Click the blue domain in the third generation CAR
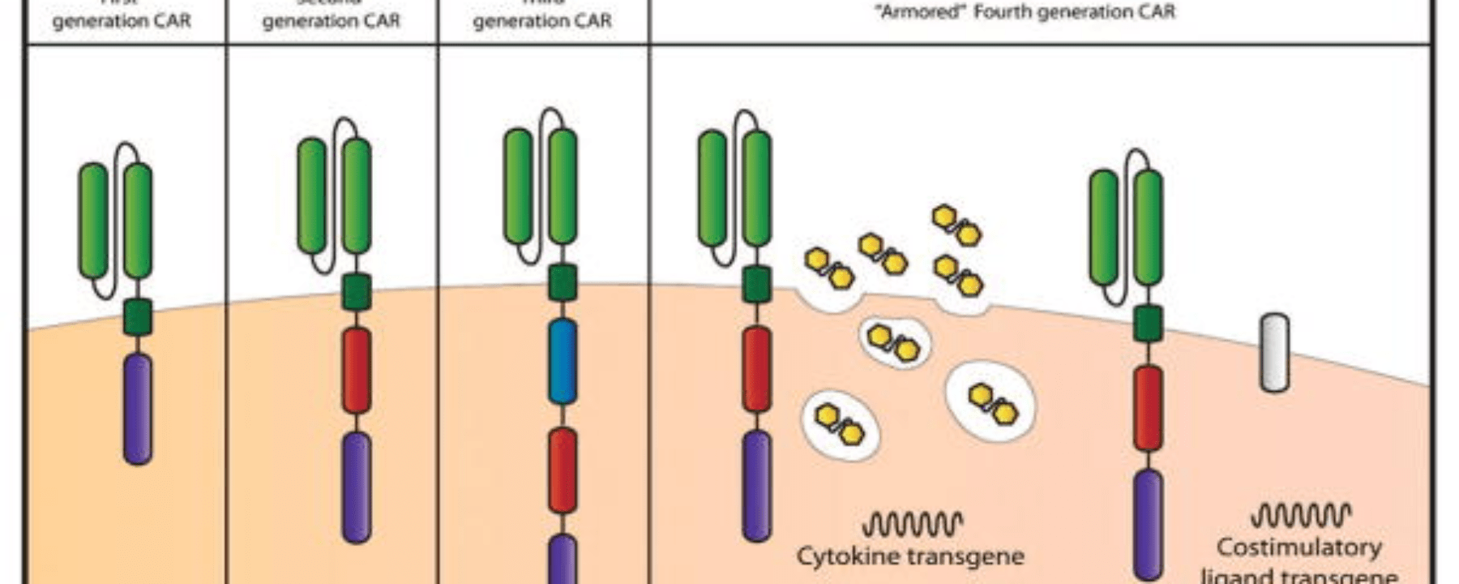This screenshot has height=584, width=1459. pos(563,362)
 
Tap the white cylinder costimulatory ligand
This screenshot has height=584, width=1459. pos(1274,354)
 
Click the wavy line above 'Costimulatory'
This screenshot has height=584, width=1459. pos(1300,515)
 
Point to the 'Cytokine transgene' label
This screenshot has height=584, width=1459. pos(910,556)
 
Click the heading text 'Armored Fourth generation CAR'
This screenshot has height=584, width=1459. pos(1027,12)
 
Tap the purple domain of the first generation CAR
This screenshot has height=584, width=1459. pos(138,409)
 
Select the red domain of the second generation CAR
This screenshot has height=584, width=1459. pos(357,370)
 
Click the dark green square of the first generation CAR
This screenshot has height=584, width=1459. pos(139,317)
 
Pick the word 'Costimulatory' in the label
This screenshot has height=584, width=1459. pos(1299,547)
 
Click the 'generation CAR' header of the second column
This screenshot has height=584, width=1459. pos(331,21)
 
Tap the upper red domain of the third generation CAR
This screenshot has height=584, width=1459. pos(563,470)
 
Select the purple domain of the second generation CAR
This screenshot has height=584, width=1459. pos(357,487)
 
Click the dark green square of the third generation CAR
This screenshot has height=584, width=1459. pos(563,283)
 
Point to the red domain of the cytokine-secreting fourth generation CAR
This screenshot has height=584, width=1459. pos(757,369)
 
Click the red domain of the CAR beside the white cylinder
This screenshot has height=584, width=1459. pos(1148,408)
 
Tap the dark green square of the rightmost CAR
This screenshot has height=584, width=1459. pos(1148,323)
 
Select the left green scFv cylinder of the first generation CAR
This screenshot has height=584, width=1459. pos(93,221)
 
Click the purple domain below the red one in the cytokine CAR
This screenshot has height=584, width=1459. pos(757,485)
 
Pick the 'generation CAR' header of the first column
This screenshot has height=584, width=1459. pos(122,21)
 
